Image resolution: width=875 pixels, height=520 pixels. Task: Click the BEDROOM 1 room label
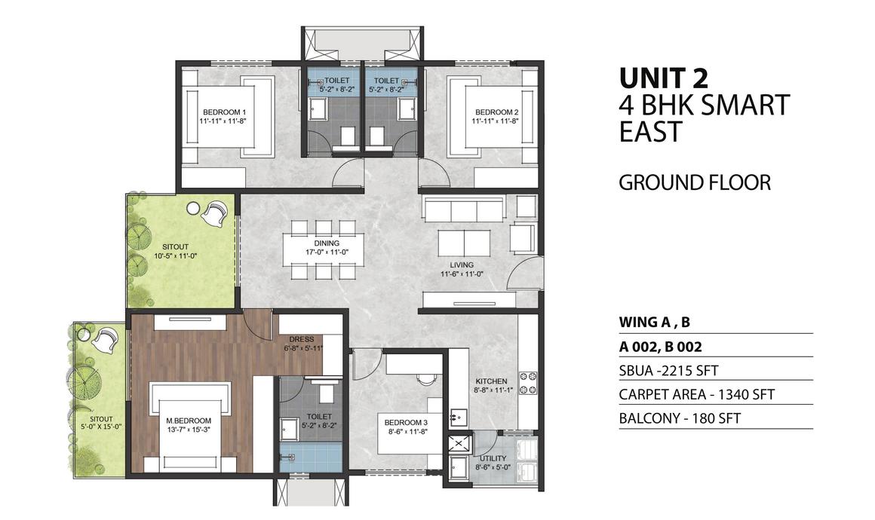click(224, 112)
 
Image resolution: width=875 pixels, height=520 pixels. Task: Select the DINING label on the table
click(327, 243)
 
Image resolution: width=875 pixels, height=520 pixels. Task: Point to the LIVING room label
click(462, 265)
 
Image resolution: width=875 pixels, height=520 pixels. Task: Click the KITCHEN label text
click(491, 382)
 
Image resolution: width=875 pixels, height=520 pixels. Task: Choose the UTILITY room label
click(493, 459)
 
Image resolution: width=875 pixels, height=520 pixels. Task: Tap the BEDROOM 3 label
click(406, 423)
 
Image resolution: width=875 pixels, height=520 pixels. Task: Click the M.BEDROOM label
click(189, 421)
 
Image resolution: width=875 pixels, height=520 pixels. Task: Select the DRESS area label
click(301, 339)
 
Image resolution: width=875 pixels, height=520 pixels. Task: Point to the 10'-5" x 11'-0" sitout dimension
click(175, 256)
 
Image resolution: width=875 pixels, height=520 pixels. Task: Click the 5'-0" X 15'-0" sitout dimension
click(101, 427)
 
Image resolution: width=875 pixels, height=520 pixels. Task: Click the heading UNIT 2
click(664, 78)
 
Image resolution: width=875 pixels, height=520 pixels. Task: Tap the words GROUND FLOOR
click(695, 183)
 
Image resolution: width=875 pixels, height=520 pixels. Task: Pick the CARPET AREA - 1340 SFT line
click(696, 395)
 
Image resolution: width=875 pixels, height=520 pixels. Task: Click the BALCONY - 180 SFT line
click(680, 418)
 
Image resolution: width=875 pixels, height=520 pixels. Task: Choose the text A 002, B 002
click(660, 347)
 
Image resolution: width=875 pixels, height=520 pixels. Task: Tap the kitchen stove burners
click(528, 382)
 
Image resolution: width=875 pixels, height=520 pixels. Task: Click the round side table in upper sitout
click(193, 208)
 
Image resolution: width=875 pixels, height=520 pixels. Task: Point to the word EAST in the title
click(651, 132)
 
